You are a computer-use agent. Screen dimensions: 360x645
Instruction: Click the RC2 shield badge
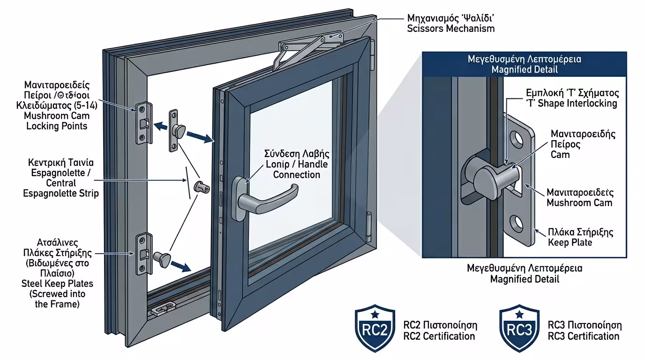[x=375, y=328]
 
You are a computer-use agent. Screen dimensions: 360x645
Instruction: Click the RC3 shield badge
[x=519, y=328]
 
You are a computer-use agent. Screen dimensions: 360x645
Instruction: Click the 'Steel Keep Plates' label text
[x=57, y=283]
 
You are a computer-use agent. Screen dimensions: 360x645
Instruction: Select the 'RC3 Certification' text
[x=584, y=336]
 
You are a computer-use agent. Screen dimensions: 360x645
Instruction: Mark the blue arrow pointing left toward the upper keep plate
[x=161, y=126]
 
